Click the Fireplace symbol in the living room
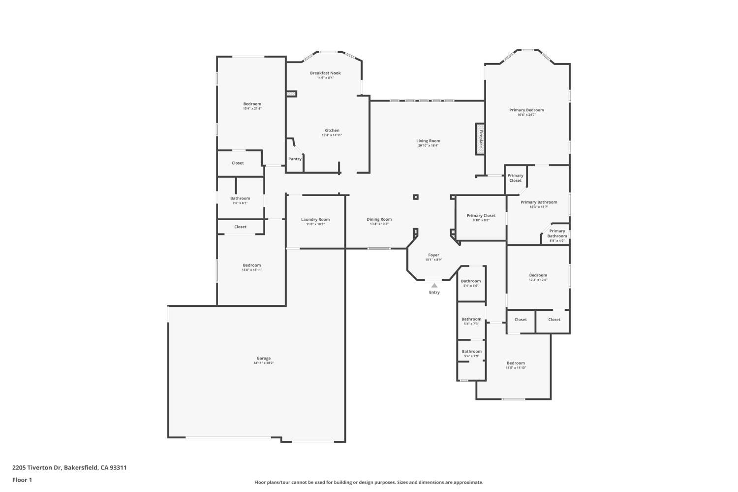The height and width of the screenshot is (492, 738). point(480,139)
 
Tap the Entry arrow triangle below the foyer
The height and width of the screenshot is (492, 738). point(434,285)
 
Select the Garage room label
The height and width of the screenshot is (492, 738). point(263,359)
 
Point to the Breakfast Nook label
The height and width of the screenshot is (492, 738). point(325,73)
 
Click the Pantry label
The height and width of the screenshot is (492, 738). point(295,159)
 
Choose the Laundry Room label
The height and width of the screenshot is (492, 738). point(315,220)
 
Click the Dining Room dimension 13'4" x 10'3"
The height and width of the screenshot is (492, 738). point(379,224)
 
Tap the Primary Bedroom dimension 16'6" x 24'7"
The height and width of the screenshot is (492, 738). point(526,115)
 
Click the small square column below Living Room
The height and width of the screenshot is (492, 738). point(416,197)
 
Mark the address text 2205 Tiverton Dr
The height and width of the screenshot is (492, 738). point(37,468)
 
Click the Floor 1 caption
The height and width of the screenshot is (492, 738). point(22,480)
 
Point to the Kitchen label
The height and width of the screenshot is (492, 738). point(332,131)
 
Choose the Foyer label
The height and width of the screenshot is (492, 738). point(433,255)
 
